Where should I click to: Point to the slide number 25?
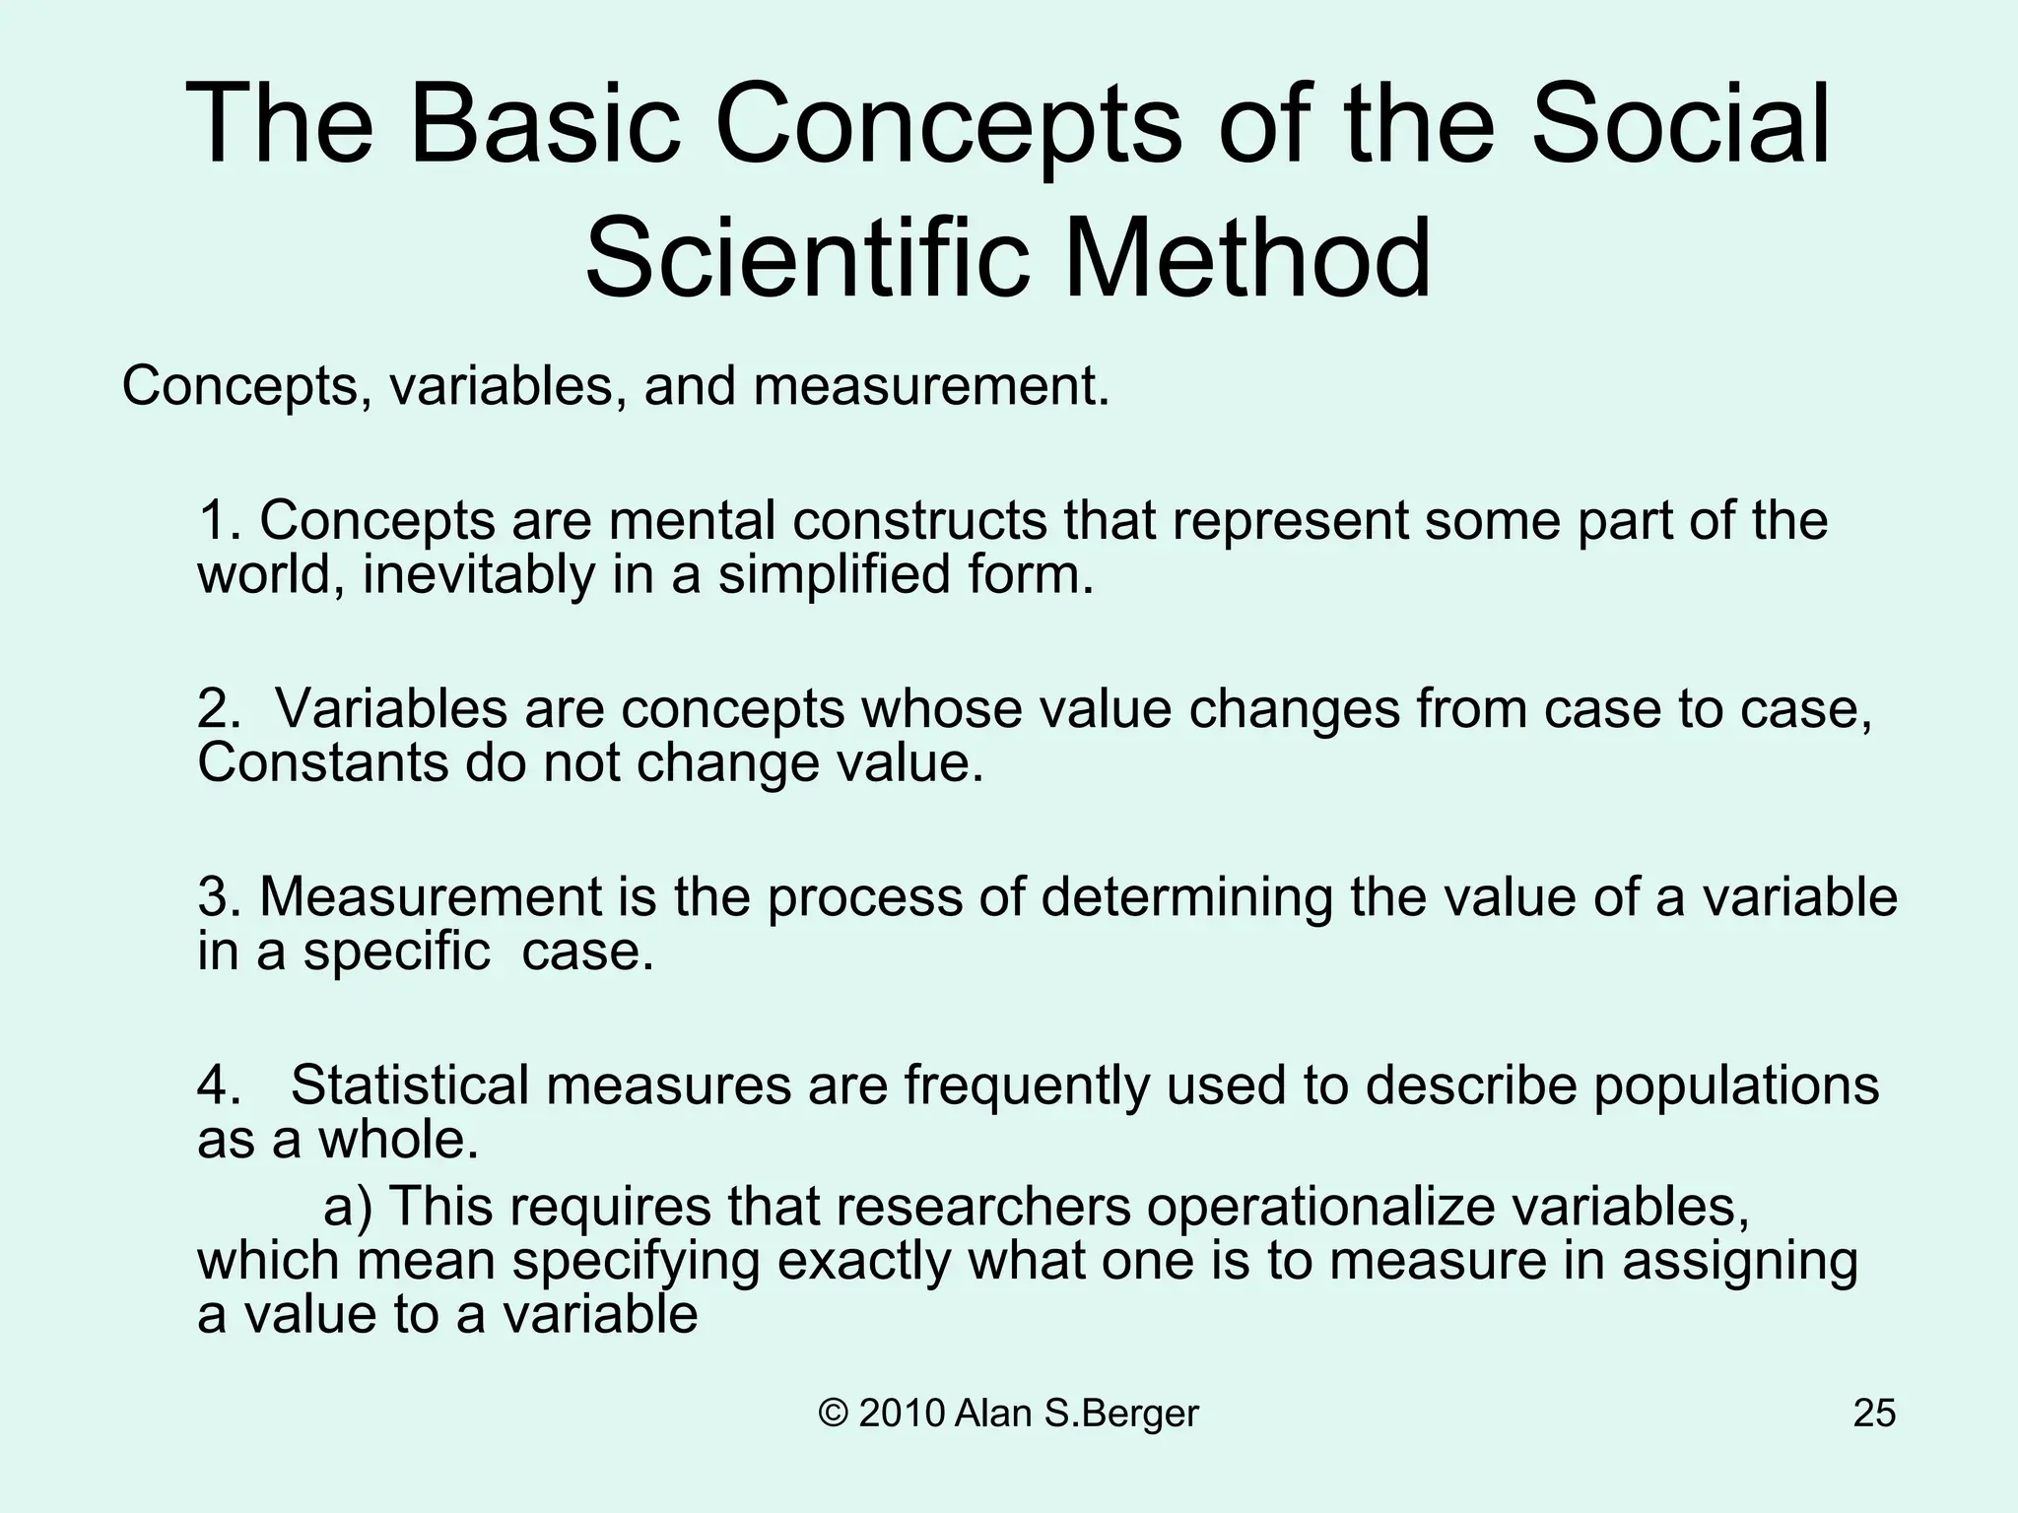1874,1414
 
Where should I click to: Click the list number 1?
217,521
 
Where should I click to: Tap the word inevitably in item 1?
478,575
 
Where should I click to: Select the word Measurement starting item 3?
431,897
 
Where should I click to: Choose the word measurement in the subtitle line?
931,386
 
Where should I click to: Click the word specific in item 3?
397,952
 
